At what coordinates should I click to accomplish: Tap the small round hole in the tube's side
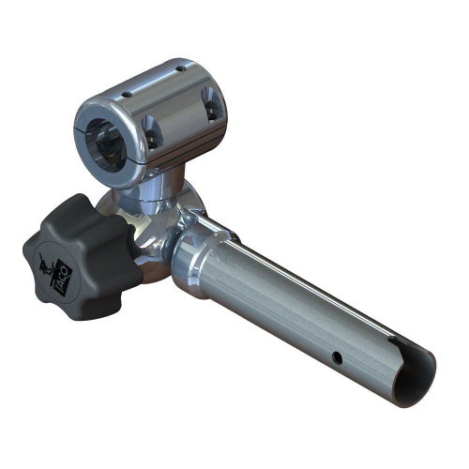[333, 356]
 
